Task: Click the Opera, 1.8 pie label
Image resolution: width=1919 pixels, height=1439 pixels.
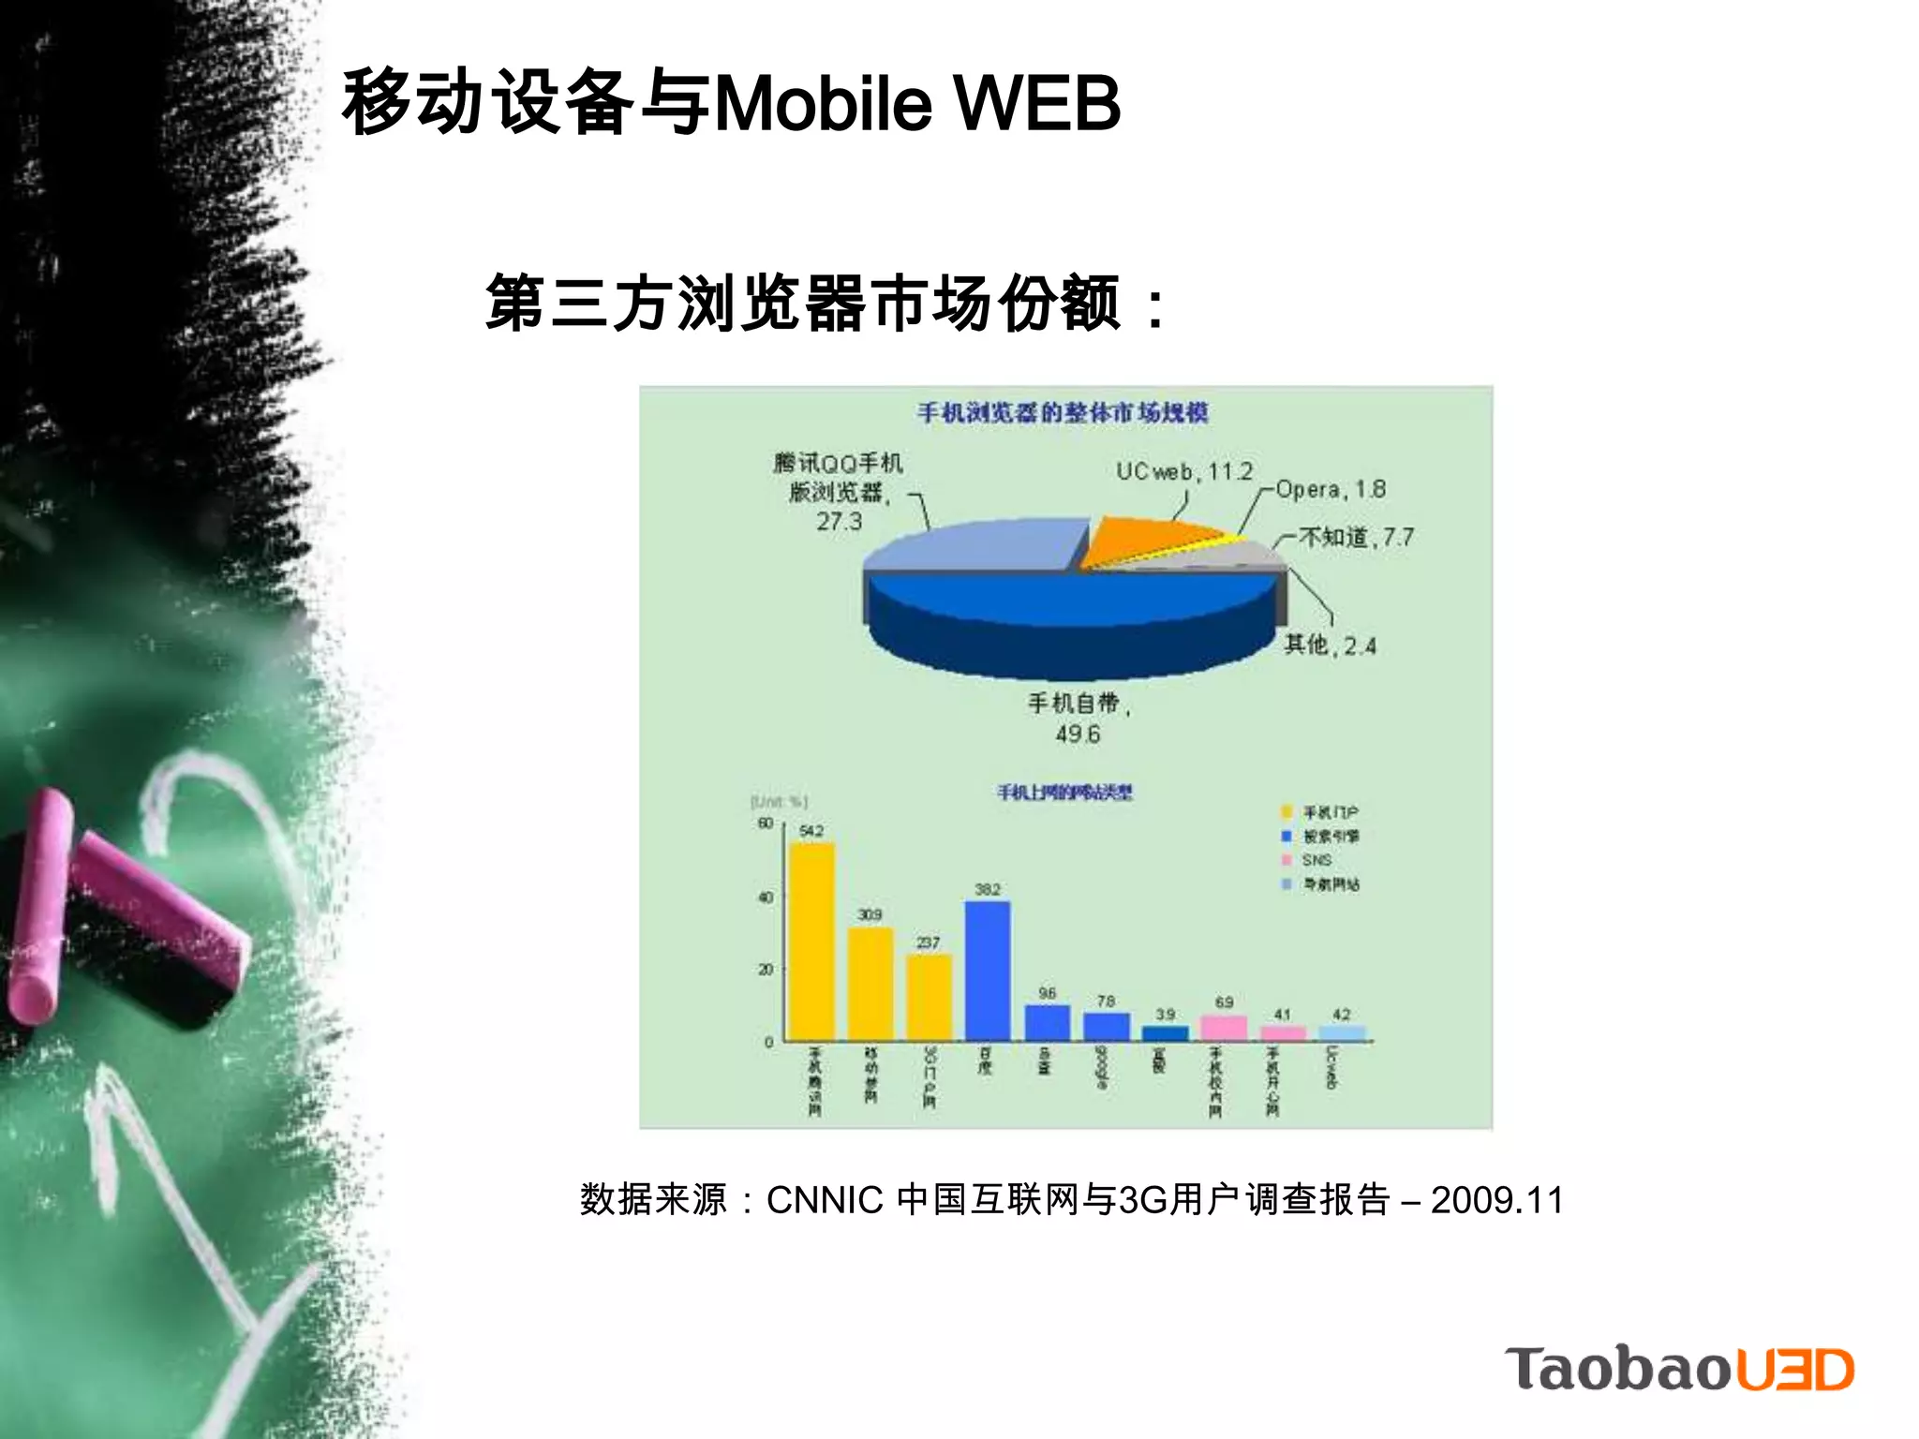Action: [1330, 489]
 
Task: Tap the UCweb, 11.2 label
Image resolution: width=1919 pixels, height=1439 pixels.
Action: [1183, 471]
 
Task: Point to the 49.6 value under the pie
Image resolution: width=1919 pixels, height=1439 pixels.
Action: [1078, 734]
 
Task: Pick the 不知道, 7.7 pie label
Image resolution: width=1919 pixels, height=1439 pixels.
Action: [1356, 537]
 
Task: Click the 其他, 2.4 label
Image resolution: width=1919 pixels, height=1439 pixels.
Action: [1330, 645]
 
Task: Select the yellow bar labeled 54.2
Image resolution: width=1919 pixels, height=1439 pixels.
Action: [811, 941]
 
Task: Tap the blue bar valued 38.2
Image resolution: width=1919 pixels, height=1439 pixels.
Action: [988, 970]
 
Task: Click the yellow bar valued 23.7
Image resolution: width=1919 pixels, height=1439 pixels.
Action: [929, 997]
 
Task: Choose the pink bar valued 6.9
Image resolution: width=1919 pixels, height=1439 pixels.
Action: [1224, 1028]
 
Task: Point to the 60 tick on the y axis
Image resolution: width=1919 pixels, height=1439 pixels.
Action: [766, 823]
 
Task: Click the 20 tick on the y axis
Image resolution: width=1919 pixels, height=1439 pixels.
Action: [766, 970]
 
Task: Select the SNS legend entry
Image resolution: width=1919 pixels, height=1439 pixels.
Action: [1316, 860]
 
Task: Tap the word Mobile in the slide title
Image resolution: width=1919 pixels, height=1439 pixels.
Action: [823, 102]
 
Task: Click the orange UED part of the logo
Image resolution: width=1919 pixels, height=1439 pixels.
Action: [1795, 1370]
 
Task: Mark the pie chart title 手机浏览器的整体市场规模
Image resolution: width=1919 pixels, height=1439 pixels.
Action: [1063, 412]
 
